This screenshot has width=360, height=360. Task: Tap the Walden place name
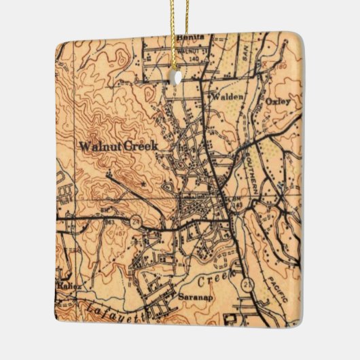(x=226, y=97)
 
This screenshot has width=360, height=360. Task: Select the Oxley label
(x=278, y=102)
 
